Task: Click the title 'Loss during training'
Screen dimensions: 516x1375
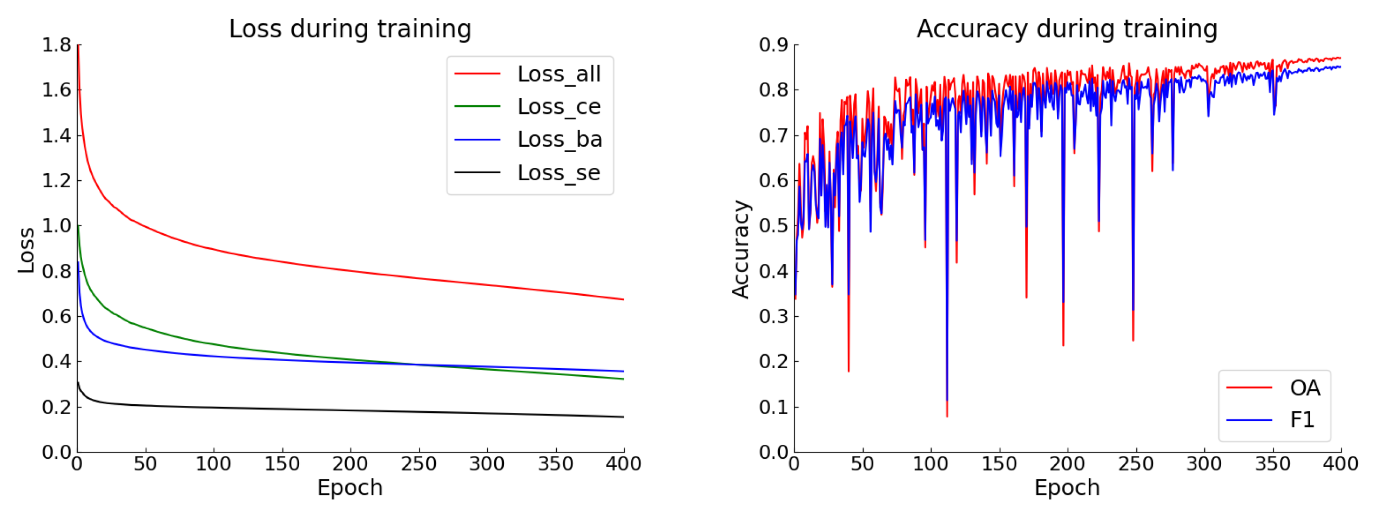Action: (350, 29)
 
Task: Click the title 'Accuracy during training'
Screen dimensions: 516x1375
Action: (1067, 29)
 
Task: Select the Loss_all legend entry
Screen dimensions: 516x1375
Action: (558, 74)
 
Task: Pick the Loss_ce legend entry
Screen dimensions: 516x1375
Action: (558, 107)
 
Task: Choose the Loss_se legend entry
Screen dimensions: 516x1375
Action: (558, 173)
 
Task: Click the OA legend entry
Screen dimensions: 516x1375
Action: (1304, 388)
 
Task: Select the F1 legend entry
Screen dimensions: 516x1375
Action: (1302, 420)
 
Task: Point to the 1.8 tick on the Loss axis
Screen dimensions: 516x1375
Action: (57, 45)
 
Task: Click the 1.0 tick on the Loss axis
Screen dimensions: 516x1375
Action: (57, 226)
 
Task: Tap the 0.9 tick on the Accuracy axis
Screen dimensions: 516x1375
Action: (773, 45)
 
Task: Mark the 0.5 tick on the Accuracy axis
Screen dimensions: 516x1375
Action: (773, 226)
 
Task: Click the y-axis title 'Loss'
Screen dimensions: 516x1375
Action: (26, 250)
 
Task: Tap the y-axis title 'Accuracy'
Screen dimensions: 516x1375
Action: (741, 249)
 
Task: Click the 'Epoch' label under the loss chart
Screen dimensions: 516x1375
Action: (350, 488)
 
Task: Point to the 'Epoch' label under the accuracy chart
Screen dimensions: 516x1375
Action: (1067, 488)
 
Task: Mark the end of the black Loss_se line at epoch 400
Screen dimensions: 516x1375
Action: (623, 417)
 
